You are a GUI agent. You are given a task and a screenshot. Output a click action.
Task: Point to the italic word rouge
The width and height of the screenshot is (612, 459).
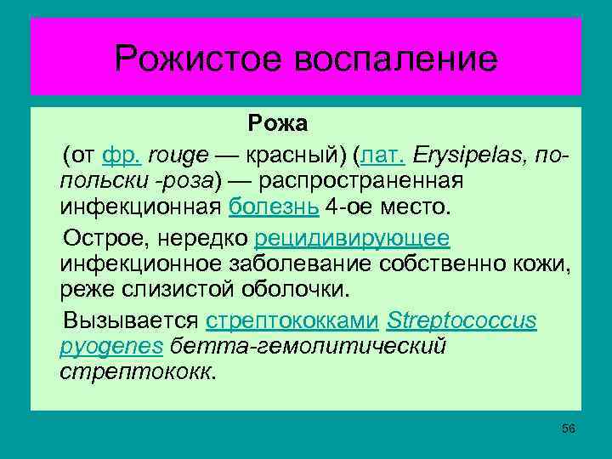coord(178,156)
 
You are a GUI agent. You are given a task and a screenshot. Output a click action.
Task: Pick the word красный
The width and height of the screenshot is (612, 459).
coord(290,156)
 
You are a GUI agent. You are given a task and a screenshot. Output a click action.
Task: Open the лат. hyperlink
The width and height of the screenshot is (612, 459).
coord(383,156)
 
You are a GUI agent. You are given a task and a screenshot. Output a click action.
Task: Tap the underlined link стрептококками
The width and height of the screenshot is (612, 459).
coord(292,321)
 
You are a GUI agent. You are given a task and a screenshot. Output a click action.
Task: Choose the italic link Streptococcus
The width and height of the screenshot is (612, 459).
coord(462,321)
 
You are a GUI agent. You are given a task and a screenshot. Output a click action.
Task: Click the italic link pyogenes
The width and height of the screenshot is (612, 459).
coord(111,346)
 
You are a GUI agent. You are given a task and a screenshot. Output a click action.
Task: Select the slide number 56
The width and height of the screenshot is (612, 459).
coord(569,428)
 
